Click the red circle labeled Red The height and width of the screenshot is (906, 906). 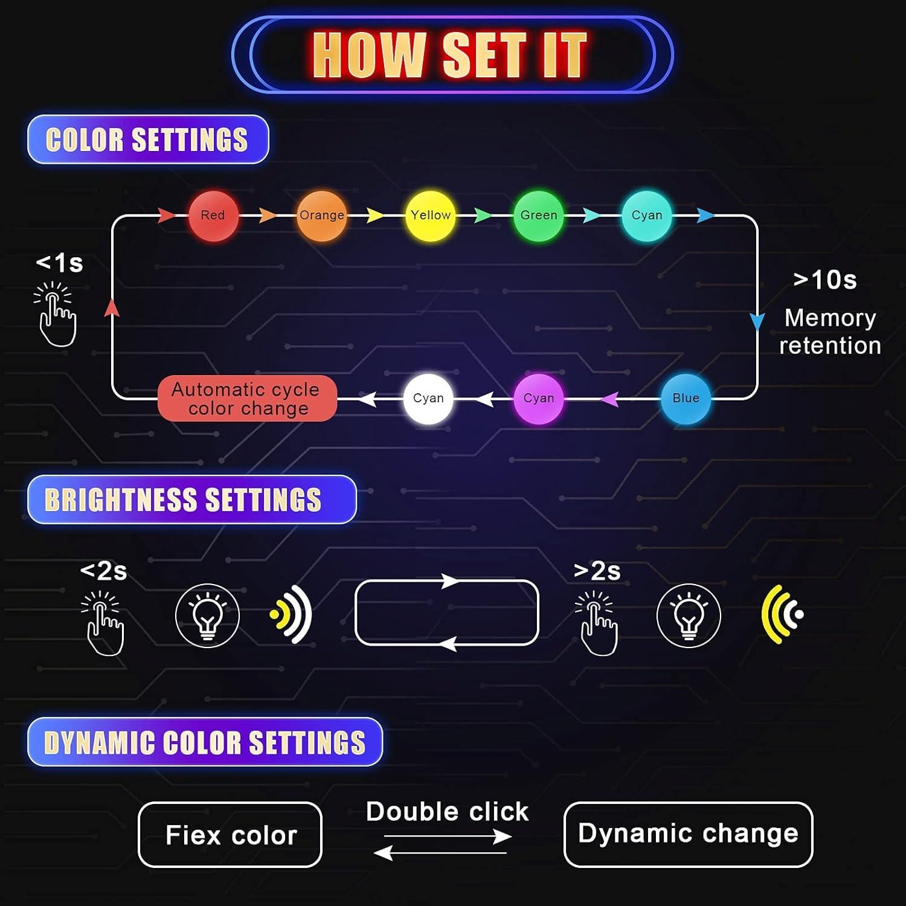[213, 216]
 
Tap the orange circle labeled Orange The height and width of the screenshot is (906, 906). [322, 216]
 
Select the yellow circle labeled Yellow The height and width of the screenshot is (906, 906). [430, 216]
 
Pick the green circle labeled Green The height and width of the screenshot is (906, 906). [538, 216]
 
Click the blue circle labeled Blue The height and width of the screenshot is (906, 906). [686, 399]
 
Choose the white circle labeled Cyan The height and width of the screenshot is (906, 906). [428, 399]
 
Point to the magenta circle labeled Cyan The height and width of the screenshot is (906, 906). [538, 399]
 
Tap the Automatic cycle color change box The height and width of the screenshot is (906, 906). [246, 399]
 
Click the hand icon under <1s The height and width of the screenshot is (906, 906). [56, 315]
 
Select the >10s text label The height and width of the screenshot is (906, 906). [825, 280]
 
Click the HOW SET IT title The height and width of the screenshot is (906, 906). [450, 55]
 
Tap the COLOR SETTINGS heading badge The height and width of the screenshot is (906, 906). [147, 140]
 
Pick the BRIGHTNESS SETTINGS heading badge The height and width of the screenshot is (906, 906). [191, 500]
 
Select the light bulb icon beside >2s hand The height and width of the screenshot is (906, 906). [689, 615]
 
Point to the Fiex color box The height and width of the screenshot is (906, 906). [230, 835]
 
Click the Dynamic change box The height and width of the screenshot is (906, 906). [688, 834]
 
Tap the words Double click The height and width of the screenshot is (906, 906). [447, 812]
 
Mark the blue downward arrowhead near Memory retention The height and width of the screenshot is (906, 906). [757, 321]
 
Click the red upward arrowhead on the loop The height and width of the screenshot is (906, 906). [112, 308]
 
